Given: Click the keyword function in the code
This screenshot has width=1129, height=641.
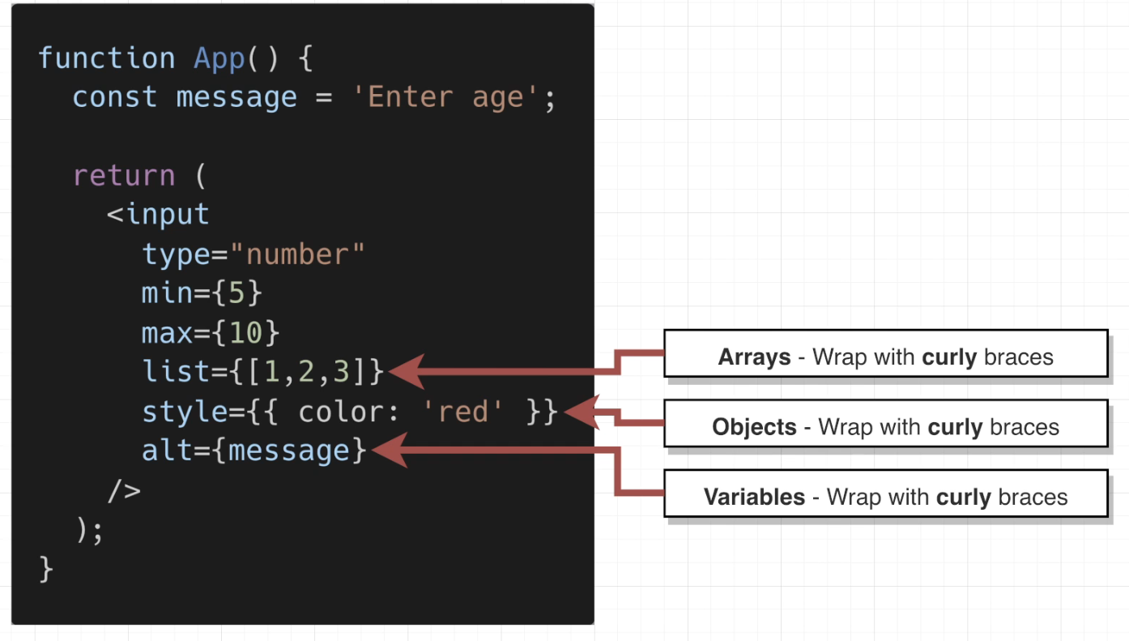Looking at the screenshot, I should pos(106,58).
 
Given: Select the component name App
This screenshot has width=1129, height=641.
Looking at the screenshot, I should pos(219,58).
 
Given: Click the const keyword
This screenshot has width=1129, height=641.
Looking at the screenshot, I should pos(115,98).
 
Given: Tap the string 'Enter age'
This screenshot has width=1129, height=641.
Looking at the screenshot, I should pos(446,98).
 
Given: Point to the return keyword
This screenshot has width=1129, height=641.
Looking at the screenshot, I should pos(124,176).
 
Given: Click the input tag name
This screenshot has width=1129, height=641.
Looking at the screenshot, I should pos(168,215).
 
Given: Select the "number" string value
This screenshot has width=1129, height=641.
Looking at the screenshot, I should pos(297,254).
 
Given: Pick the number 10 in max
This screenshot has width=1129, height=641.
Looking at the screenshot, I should pos(245,333).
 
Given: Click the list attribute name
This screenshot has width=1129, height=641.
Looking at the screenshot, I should pos(176,372).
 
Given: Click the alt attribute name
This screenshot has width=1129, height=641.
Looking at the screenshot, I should pos(168,451).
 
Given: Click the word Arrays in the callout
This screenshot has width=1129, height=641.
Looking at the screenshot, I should pos(754,357).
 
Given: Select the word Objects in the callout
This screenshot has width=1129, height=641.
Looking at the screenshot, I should pos(754,427).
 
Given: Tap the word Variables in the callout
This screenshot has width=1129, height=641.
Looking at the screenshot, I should pos(754,497).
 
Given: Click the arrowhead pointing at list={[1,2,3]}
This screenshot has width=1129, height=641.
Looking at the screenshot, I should pos(405,372).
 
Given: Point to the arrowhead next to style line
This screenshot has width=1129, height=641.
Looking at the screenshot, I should pos(579,412).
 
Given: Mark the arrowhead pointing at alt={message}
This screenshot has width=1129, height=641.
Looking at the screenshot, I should pos(387,451).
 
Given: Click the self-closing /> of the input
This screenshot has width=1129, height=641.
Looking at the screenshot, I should pos(124,490).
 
